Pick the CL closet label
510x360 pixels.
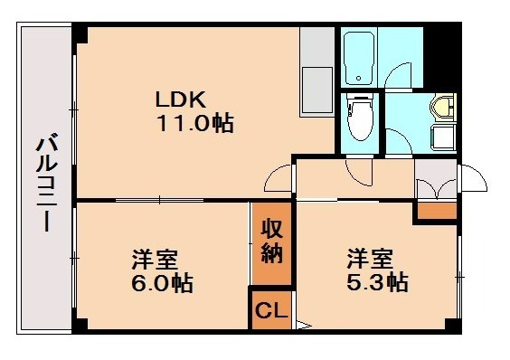coord(269,311)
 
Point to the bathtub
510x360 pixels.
coord(359,57)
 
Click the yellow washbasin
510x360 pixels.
coord(443,108)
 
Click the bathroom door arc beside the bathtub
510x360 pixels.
coord(398,74)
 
